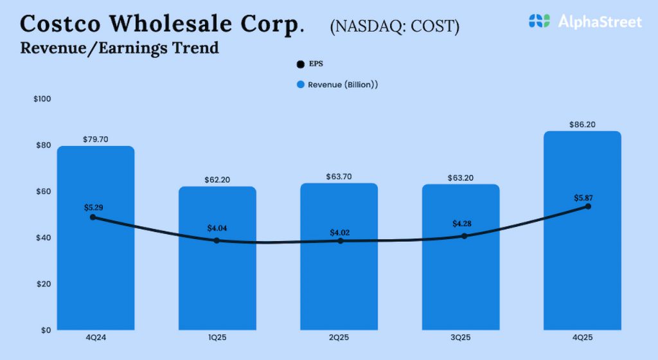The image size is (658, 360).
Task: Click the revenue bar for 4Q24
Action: pos(96,270)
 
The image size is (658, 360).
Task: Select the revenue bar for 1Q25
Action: pos(217,283)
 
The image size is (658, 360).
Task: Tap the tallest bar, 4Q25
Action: pos(582,270)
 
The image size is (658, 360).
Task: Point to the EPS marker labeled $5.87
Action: pos(587,206)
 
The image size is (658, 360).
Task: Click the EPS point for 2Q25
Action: pos(341,241)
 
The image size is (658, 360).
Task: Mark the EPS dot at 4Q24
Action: pos(93,217)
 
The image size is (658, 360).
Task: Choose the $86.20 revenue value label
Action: pos(582,124)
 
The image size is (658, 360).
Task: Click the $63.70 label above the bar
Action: pos(339,176)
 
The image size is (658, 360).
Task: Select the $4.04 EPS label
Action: pos(217,228)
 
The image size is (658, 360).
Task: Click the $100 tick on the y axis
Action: pos(41,99)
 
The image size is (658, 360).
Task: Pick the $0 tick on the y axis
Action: pos(46,330)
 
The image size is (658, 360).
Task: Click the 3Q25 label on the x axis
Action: pos(461,338)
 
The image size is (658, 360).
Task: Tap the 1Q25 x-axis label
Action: pos(217,338)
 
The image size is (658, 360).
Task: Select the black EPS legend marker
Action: pos(299,64)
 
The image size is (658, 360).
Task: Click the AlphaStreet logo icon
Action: pos(539,21)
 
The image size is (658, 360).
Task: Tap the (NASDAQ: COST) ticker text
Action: pos(395,26)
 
